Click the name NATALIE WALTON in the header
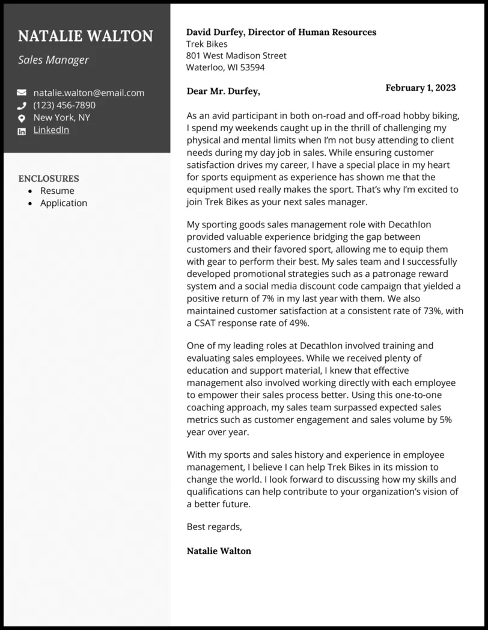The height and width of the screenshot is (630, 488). click(x=85, y=36)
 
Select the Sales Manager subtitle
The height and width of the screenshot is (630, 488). click(x=53, y=60)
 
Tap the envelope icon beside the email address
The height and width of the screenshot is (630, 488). click(x=22, y=93)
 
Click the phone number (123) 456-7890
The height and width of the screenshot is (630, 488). click(x=64, y=105)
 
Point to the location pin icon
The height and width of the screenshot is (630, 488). click(x=22, y=118)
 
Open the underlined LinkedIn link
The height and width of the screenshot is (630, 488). click(x=51, y=130)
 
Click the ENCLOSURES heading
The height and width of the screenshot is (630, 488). click(x=49, y=178)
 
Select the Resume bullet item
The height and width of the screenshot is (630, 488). click(x=57, y=191)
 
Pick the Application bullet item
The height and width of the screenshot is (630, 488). click(x=64, y=203)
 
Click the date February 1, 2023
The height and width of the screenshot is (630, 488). click(x=420, y=88)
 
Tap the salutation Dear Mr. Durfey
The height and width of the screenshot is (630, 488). click(x=224, y=91)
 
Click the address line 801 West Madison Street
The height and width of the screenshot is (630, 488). click(x=236, y=55)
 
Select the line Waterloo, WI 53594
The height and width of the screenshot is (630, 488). click(x=225, y=67)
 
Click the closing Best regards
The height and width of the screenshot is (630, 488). click(x=214, y=527)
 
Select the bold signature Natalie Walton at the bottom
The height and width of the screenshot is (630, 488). click(x=219, y=551)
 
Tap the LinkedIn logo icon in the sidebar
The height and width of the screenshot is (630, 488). click(x=22, y=131)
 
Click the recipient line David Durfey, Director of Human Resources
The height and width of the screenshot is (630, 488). click(x=281, y=32)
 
